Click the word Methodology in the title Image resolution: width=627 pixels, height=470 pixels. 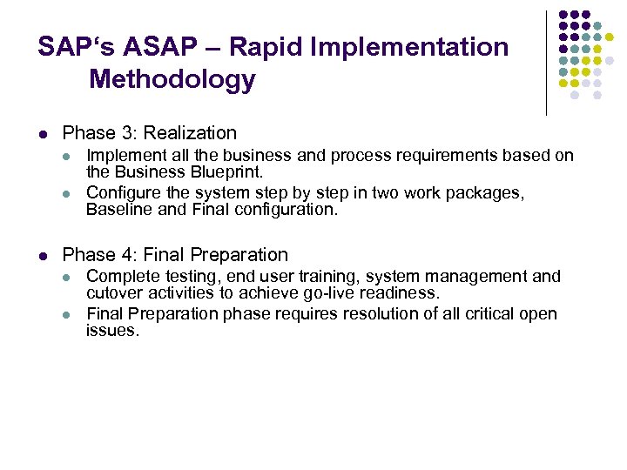pyautogui.click(x=172, y=80)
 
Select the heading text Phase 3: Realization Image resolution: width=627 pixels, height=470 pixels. pyautogui.click(x=150, y=133)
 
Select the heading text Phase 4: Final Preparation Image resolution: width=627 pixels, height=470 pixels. pyautogui.click(x=175, y=255)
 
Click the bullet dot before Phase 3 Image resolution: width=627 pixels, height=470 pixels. pyautogui.click(x=43, y=134)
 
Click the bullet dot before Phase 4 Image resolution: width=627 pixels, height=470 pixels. pyautogui.click(x=43, y=256)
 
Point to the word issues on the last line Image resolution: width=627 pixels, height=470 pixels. pyautogui.click(x=111, y=332)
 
